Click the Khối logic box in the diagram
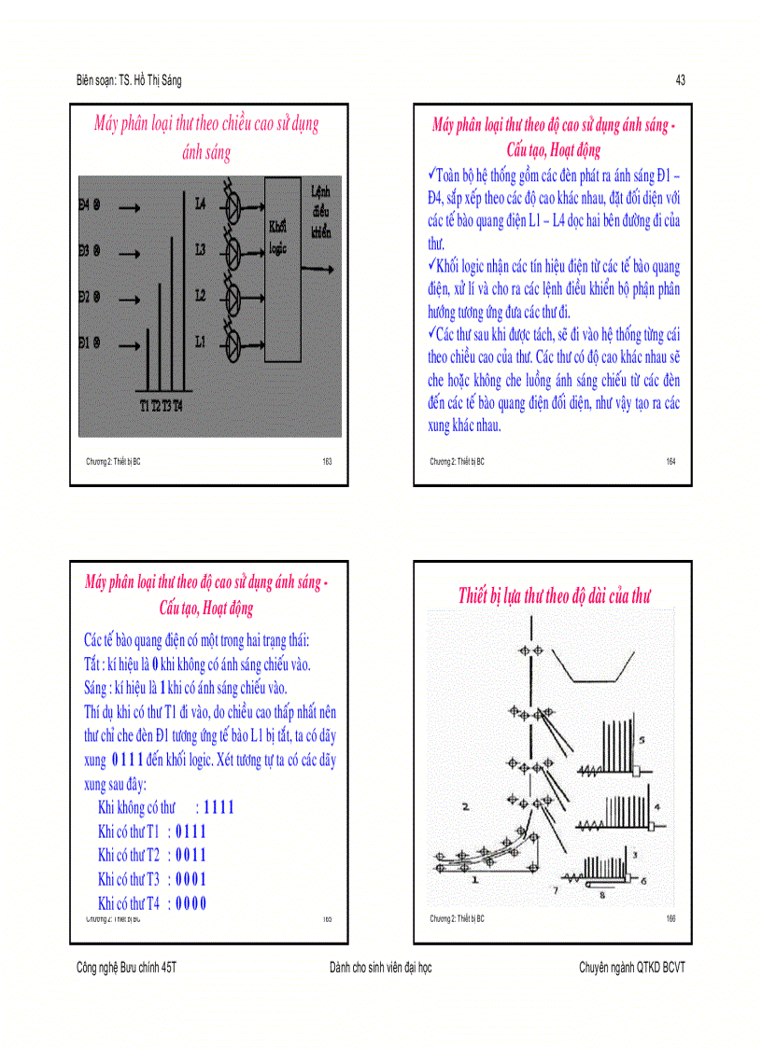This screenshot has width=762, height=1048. [x=283, y=271]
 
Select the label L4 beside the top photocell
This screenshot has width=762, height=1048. [x=200, y=203]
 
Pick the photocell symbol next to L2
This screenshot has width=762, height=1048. [x=234, y=297]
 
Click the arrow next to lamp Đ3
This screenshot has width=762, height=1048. [x=130, y=252]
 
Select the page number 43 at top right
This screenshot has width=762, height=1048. [x=680, y=81]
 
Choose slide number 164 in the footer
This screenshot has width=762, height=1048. [x=670, y=461]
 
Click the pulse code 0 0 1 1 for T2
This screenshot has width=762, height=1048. [x=190, y=855]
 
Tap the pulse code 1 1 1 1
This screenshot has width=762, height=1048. [x=219, y=807]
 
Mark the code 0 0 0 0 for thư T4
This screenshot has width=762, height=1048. [x=190, y=902]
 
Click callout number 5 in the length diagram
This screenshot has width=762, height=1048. [x=642, y=739]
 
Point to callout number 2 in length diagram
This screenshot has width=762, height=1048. [x=464, y=805]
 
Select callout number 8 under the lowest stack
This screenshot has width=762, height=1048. [x=602, y=895]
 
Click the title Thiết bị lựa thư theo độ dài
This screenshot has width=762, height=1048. [x=554, y=595]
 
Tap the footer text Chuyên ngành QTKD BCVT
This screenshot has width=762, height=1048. [x=631, y=968]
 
